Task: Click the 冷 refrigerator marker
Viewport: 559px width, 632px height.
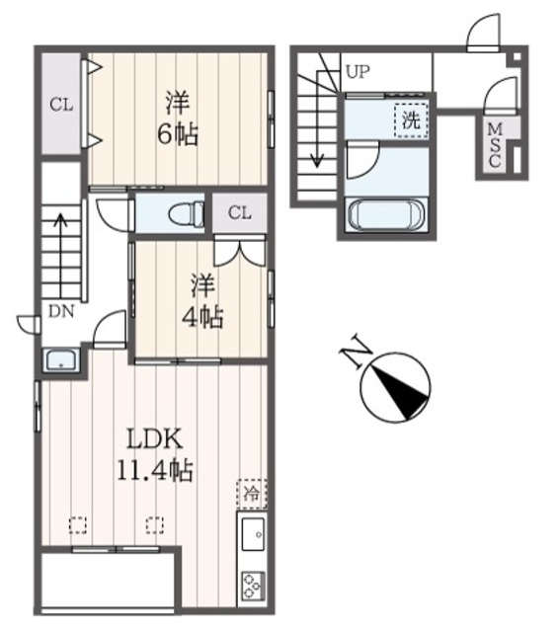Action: pyautogui.click(x=251, y=491)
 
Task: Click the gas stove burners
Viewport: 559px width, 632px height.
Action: pyautogui.click(x=251, y=585)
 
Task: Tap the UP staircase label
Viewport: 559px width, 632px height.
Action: pyautogui.click(x=357, y=71)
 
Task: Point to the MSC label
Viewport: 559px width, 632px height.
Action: pyautogui.click(x=494, y=146)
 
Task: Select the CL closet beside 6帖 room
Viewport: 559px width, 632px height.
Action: pyautogui.click(x=60, y=103)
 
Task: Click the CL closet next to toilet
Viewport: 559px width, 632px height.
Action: pyautogui.click(x=240, y=212)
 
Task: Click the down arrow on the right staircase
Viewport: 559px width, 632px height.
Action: pyautogui.click(x=318, y=148)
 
